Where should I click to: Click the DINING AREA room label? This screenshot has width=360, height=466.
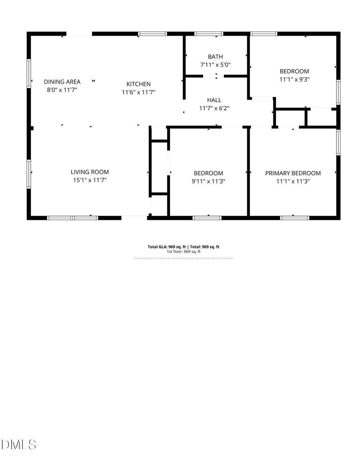(x=62, y=82)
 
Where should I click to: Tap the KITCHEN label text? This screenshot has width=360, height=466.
(x=138, y=84)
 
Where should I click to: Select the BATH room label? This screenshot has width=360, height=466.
(x=215, y=57)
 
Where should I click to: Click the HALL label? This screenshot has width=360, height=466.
(x=214, y=100)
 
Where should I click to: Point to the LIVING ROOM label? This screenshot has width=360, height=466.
(x=90, y=172)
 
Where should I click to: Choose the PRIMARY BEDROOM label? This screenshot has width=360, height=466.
(x=293, y=173)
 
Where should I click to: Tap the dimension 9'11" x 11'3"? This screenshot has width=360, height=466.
(x=208, y=181)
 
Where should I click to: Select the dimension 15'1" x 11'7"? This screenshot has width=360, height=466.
(x=90, y=180)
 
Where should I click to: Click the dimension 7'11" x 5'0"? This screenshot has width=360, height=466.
(x=215, y=64)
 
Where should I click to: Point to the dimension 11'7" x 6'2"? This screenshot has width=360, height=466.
(x=214, y=108)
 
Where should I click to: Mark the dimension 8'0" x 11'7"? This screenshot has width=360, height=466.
(x=62, y=90)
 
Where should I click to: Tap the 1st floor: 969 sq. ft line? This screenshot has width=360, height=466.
(x=183, y=252)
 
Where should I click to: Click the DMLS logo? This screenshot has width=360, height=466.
(x=18, y=444)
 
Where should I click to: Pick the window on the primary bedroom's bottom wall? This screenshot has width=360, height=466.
(x=294, y=218)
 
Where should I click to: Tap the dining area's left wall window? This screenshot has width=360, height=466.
(x=29, y=73)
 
